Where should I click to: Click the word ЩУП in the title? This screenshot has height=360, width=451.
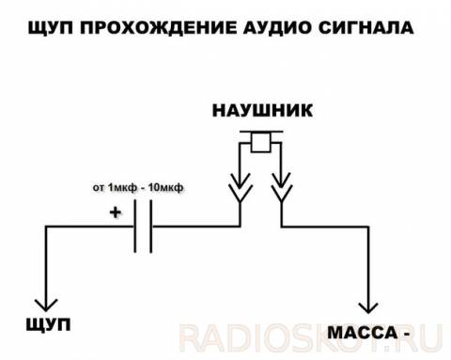click(x=51, y=27)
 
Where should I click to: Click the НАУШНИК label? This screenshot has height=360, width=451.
click(x=262, y=110)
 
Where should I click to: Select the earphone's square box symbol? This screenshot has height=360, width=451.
click(x=260, y=143)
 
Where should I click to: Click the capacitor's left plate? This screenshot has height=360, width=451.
click(x=135, y=227)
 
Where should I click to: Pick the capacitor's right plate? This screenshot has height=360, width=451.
click(x=151, y=227)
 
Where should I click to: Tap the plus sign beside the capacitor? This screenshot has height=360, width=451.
click(x=116, y=212)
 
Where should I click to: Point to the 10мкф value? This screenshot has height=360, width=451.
click(x=165, y=187)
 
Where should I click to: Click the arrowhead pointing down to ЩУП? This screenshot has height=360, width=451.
click(x=46, y=305)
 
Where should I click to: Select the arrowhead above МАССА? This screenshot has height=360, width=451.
click(x=368, y=307)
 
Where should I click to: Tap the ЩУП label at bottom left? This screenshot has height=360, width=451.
click(x=48, y=324)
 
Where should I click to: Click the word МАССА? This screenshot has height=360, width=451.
click(x=363, y=333)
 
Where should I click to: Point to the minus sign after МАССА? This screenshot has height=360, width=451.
click(x=406, y=334)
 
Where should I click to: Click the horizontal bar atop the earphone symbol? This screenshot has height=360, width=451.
click(x=261, y=132)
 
